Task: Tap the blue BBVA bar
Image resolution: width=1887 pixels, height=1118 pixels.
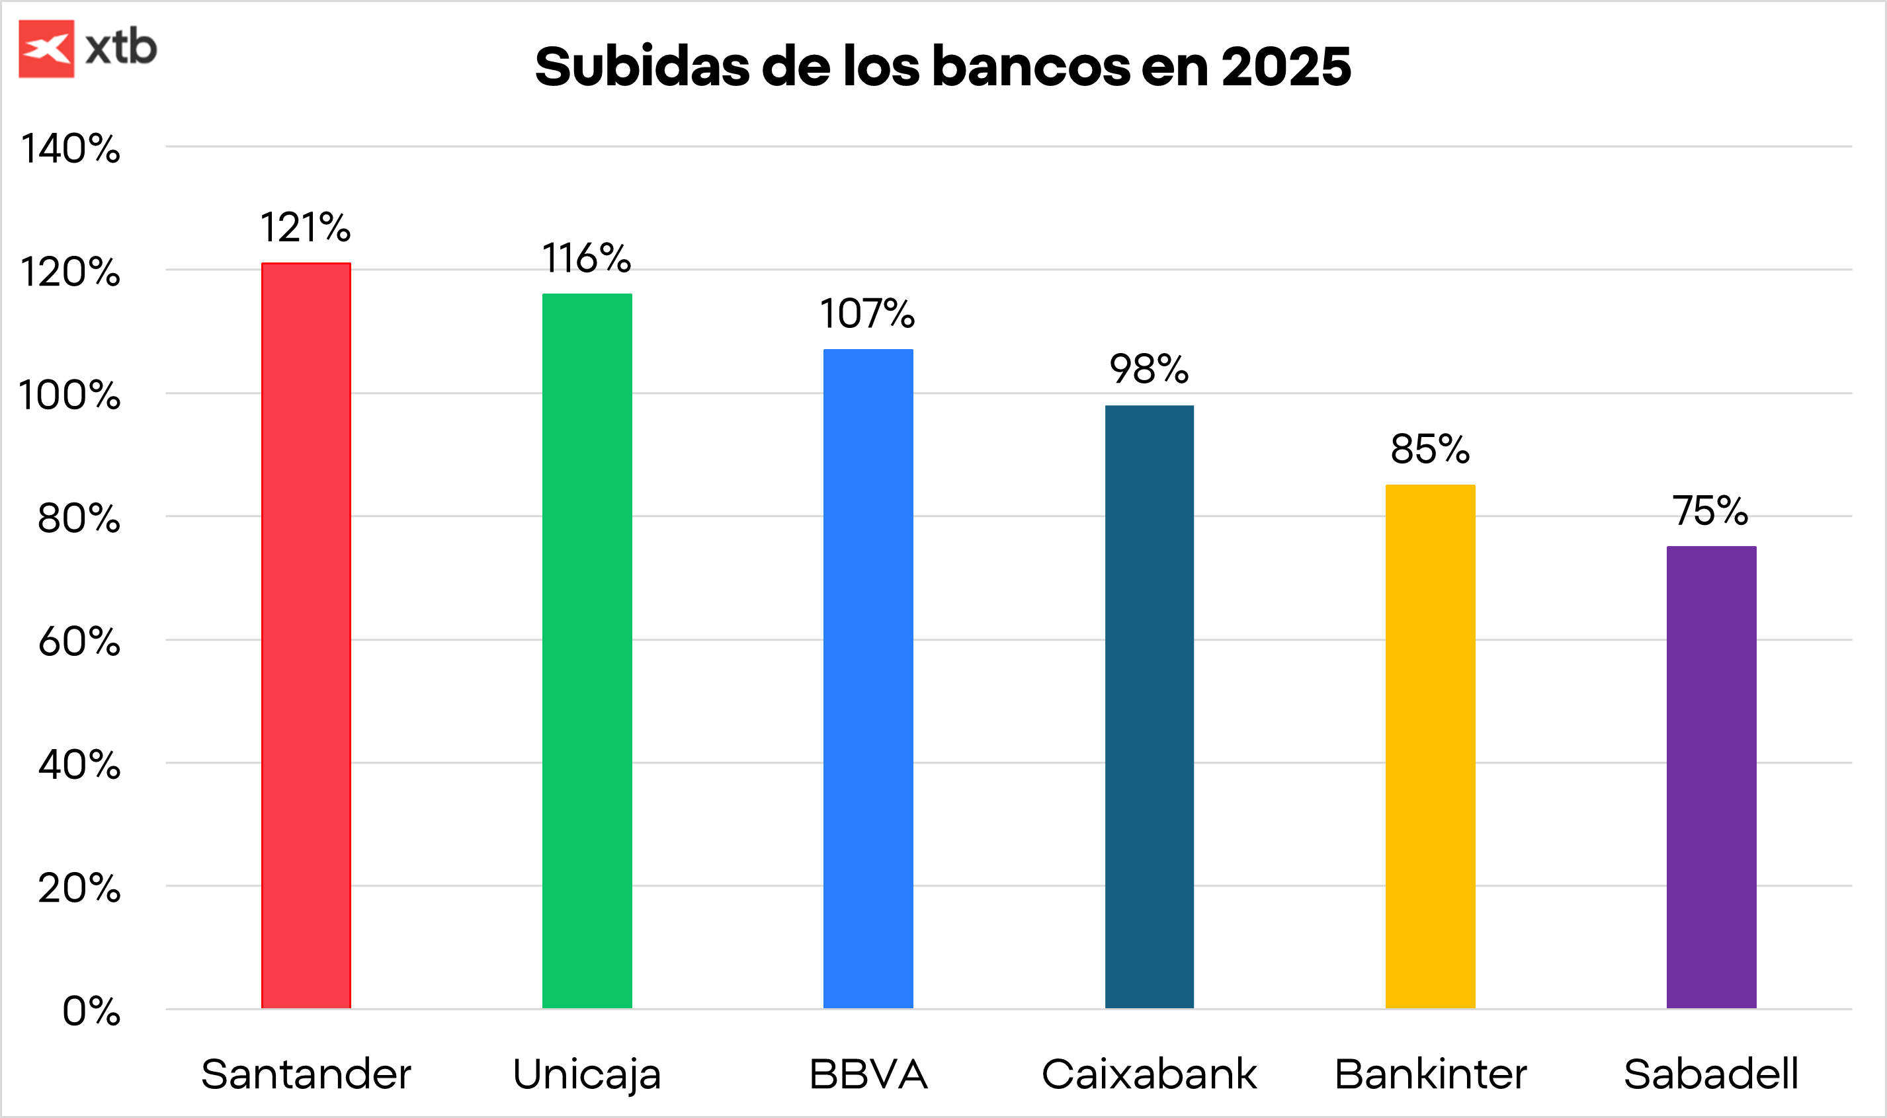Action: (868, 678)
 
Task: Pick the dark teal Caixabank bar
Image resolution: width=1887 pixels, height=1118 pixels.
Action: (1150, 706)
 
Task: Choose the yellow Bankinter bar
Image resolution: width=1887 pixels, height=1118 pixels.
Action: (1431, 746)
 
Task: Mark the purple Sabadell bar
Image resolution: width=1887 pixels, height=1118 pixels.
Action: (1712, 777)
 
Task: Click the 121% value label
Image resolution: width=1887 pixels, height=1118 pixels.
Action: (305, 227)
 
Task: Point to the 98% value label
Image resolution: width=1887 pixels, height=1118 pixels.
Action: (1148, 369)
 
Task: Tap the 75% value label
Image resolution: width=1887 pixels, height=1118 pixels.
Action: (1710, 511)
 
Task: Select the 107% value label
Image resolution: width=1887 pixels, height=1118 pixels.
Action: (867, 313)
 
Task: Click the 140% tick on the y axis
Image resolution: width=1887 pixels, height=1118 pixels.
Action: (71, 148)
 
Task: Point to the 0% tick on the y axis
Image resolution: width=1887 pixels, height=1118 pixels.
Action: (91, 1011)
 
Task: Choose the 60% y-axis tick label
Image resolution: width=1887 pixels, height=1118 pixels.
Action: (79, 642)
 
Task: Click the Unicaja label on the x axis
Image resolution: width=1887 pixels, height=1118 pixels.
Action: (587, 1074)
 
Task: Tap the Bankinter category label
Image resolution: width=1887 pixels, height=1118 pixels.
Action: (1431, 1074)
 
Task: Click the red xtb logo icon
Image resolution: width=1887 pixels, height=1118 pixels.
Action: (47, 49)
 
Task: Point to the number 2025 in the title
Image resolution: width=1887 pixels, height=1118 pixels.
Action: (1286, 66)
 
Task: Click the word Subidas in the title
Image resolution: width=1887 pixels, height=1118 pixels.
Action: (642, 66)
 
